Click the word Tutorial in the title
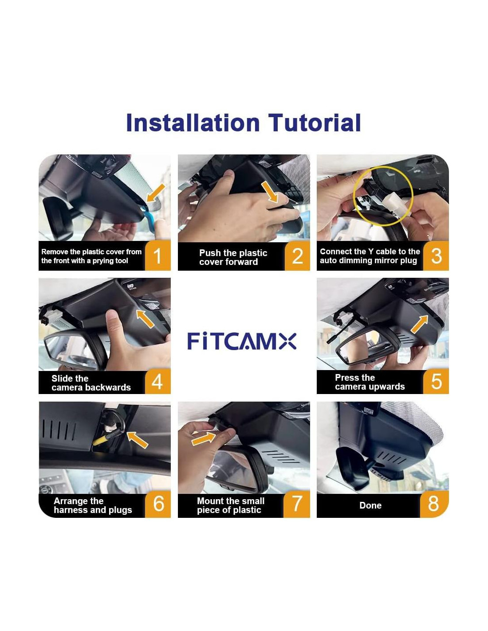click(314, 123)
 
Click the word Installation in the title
click(193, 123)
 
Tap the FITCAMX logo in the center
click(242, 341)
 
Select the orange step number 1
click(157, 256)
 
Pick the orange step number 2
click(297, 256)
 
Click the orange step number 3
click(436, 256)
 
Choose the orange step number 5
click(436, 381)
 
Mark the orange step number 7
click(297, 504)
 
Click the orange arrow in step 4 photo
click(145, 319)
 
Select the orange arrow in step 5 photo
click(419, 324)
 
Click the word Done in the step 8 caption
click(370, 505)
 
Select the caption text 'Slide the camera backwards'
click(91, 383)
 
